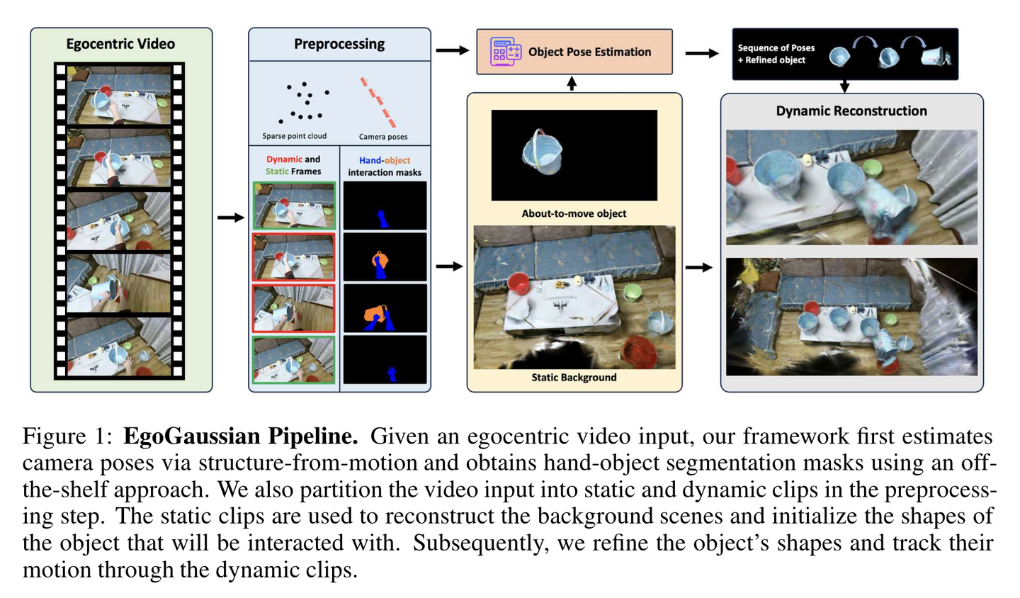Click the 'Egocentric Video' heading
(x=120, y=44)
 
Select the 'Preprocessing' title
(x=339, y=44)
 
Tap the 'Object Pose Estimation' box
(x=574, y=52)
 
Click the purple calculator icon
(x=506, y=52)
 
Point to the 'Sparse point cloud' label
(x=294, y=136)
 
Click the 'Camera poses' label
(x=383, y=137)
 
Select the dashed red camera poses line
(x=378, y=102)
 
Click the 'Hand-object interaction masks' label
(x=385, y=167)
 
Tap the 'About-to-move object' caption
(x=574, y=213)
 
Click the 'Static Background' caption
(x=574, y=378)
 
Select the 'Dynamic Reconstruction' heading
(x=851, y=111)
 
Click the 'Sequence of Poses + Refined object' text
(x=776, y=54)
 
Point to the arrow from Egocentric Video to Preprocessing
(x=230, y=218)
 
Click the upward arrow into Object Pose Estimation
(x=572, y=84)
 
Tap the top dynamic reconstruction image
(x=851, y=187)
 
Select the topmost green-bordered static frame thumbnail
(x=293, y=205)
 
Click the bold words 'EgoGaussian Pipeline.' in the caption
(x=241, y=436)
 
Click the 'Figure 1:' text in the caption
(x=67, y=436)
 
